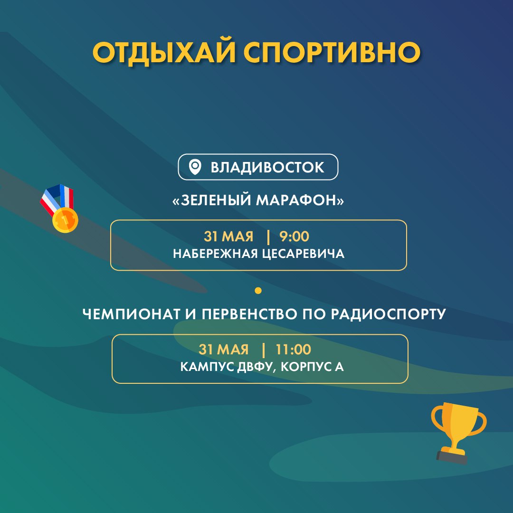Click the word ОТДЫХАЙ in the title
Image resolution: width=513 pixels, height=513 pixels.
(164, 53)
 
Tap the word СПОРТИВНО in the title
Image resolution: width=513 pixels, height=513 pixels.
(332, 53)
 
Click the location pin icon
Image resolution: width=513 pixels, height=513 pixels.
(195, 167)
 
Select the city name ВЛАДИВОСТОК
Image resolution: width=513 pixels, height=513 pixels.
(267, 167)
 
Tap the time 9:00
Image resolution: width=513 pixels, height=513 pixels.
(294, 236)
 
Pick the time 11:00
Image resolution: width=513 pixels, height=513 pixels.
(293, 350)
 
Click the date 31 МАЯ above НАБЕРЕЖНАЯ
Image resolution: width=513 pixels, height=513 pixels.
(228, 236)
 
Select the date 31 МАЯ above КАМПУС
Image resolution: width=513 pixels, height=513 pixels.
(223, 350)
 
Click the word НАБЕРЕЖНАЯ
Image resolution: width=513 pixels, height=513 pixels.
(215, 254)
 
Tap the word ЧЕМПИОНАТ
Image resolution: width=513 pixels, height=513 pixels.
(131, 314)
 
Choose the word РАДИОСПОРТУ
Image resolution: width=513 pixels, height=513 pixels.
(389, 314)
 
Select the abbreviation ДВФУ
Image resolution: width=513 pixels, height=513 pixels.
(255, 367)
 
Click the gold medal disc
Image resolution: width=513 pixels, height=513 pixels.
(65, 220)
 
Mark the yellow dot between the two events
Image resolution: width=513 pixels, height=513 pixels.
(258, 291)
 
